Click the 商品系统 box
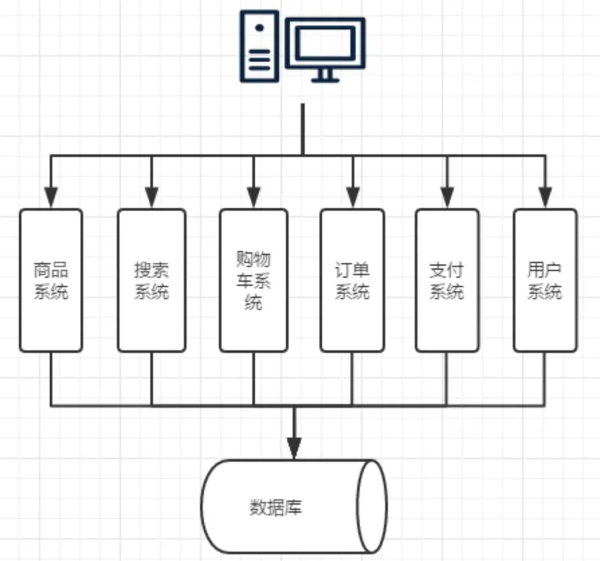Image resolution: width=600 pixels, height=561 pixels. point(51,280)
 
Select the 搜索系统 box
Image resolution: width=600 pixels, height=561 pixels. point(151,280)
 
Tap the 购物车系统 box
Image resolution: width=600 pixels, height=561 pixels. point(253,280)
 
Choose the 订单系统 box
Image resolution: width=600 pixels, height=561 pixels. point(352,280)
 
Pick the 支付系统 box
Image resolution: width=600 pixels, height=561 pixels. point(446,280)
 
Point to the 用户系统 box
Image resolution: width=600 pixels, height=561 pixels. point(544,280)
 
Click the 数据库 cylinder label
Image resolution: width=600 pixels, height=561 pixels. point(276,507)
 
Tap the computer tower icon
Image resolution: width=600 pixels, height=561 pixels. point(259,46)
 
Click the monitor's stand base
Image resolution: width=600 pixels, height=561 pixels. point(325,80)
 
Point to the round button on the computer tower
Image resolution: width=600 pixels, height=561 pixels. point(259,28)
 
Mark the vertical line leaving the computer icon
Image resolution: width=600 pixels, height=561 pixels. point(303,127)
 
